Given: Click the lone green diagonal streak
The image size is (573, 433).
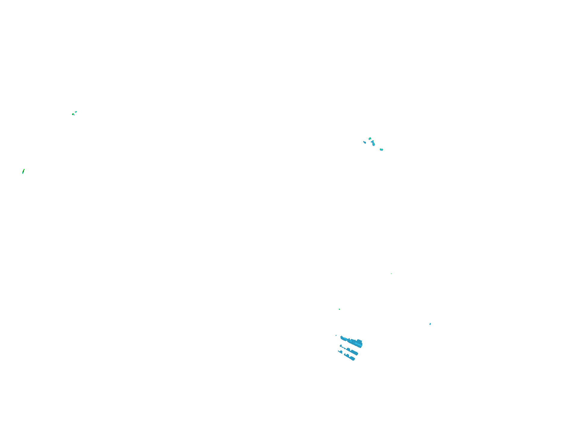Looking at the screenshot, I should (x=23, y=171).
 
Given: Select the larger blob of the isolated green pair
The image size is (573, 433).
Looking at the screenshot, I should (x=73, y=114).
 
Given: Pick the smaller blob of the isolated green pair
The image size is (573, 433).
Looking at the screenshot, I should (x=76, y=112).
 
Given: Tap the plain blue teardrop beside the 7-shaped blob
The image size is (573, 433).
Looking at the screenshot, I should (x=365, y=142).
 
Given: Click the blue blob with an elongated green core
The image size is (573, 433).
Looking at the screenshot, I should (x=370, y=139).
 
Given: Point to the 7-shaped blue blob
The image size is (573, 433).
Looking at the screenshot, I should (x=373, y=142).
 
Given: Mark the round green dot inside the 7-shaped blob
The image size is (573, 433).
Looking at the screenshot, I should (x=374, y=144).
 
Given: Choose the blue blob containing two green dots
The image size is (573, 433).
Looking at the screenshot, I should (x=381, y=150).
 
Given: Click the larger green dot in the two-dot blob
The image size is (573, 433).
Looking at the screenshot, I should (x=380, y=149).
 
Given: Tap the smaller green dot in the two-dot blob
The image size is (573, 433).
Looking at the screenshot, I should (x=382, y=150).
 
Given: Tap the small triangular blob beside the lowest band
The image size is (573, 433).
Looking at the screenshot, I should (x=341, y=352).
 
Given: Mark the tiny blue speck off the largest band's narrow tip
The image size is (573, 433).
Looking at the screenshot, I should (x=336, y=335).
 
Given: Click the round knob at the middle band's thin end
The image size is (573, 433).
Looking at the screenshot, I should (x=341, y=346).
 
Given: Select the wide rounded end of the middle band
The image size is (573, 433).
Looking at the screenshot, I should (x=356, y=353).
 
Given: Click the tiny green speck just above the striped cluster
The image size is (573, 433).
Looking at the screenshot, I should (x=339, y=309).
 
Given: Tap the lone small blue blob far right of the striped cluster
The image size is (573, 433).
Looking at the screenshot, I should (x=430, y=324).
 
